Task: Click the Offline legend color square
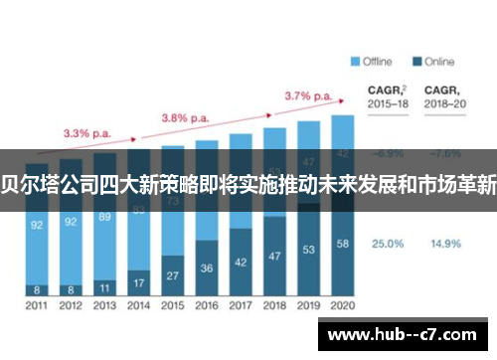point(355,62)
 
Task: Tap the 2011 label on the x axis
point(37,305)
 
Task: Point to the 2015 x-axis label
point(173,305)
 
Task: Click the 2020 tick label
point(342,305)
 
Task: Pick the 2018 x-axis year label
point(274,305)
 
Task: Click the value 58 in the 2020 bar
point(342,243)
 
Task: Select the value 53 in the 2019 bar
point(308,249)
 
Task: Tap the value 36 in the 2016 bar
point(207,268)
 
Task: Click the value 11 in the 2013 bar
point(105,286)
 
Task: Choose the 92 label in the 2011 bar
point(37,225)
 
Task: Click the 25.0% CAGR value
point(387,243)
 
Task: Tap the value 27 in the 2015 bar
point(173,274)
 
